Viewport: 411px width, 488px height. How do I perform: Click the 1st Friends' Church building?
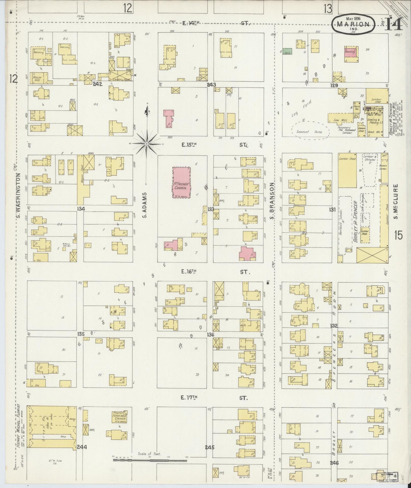point(182,183)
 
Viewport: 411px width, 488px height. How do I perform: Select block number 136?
point(210,335)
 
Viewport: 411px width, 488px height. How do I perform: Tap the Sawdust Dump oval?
point(310,130)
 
